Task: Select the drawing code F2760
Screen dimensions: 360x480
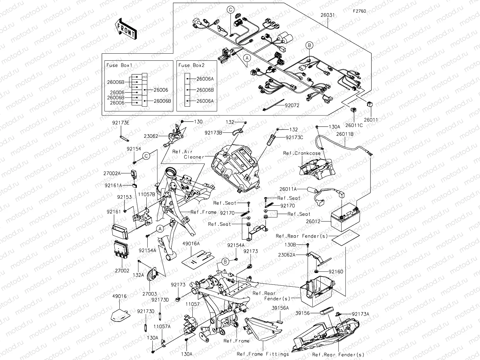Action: point(359,11)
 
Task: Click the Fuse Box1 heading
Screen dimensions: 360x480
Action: point(119,65)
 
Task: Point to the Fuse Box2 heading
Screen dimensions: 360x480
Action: point(191,65)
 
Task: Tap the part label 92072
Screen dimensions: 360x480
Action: point(292,106)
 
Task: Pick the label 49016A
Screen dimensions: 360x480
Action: point(191,244)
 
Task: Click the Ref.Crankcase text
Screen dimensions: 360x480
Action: point(302,153)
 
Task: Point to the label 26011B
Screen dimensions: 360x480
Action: point(345,134)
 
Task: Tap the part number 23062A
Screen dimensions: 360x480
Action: point(287,255)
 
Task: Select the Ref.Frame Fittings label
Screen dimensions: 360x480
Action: point(263,354)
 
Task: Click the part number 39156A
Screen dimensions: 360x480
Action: point(280,308)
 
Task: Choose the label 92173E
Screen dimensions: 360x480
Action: point(121,122)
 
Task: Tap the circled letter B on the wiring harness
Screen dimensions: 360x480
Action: point(309,45)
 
